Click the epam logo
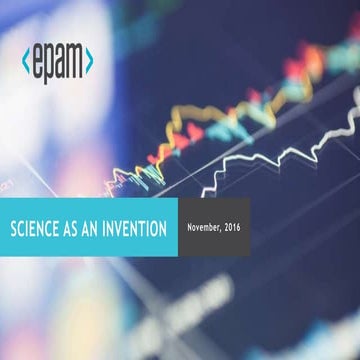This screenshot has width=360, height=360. [57, 62]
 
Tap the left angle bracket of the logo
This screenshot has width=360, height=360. [26, 61]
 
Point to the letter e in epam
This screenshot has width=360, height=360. [37, 62]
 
